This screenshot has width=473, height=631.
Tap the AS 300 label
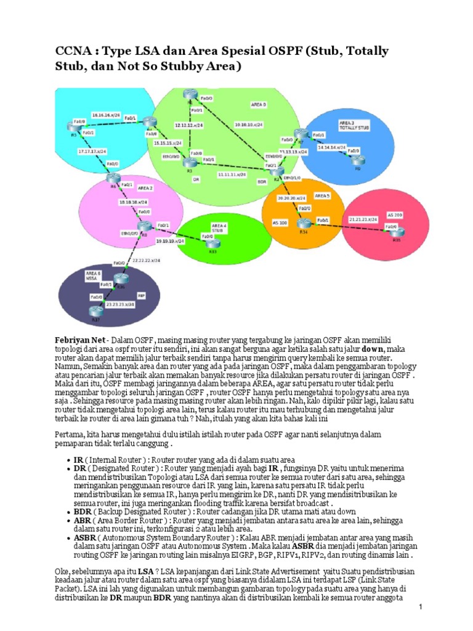click(280, 222)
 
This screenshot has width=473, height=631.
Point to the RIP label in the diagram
click(141, 296)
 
